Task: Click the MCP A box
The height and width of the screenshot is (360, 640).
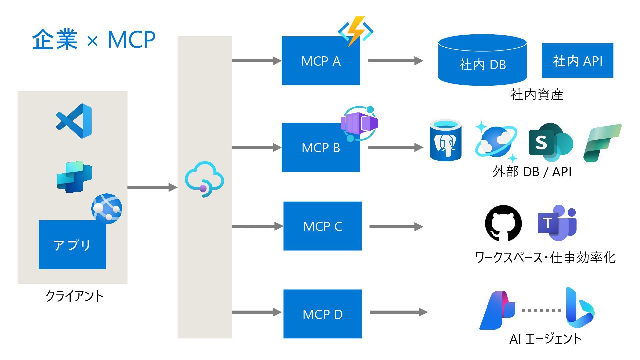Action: [x=320, y=61]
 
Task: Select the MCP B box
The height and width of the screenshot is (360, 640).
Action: [x=320, y=148]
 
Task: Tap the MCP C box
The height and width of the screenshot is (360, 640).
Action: [x=322, y=226]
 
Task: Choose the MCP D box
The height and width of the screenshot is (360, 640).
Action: [x=322, y=314]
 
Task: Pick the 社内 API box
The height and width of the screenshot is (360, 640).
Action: [x=577, y=61]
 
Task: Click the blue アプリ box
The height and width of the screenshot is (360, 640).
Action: [x=72, y=245]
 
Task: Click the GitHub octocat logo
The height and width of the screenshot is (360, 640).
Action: [x=503, y=223]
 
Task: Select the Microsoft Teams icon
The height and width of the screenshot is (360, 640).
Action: [x=557, y=223]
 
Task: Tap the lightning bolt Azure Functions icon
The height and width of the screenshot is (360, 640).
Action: [x=355, y=31]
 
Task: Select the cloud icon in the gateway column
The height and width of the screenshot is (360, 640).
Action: [x=204, y=179]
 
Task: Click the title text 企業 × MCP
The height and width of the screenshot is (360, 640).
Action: [x=94, y=40]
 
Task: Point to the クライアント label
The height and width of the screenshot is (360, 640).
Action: [x=74, y=296]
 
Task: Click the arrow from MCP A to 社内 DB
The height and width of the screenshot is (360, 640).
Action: [x=395, y=61]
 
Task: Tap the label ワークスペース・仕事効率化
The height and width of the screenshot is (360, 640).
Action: [x=545, y=258]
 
